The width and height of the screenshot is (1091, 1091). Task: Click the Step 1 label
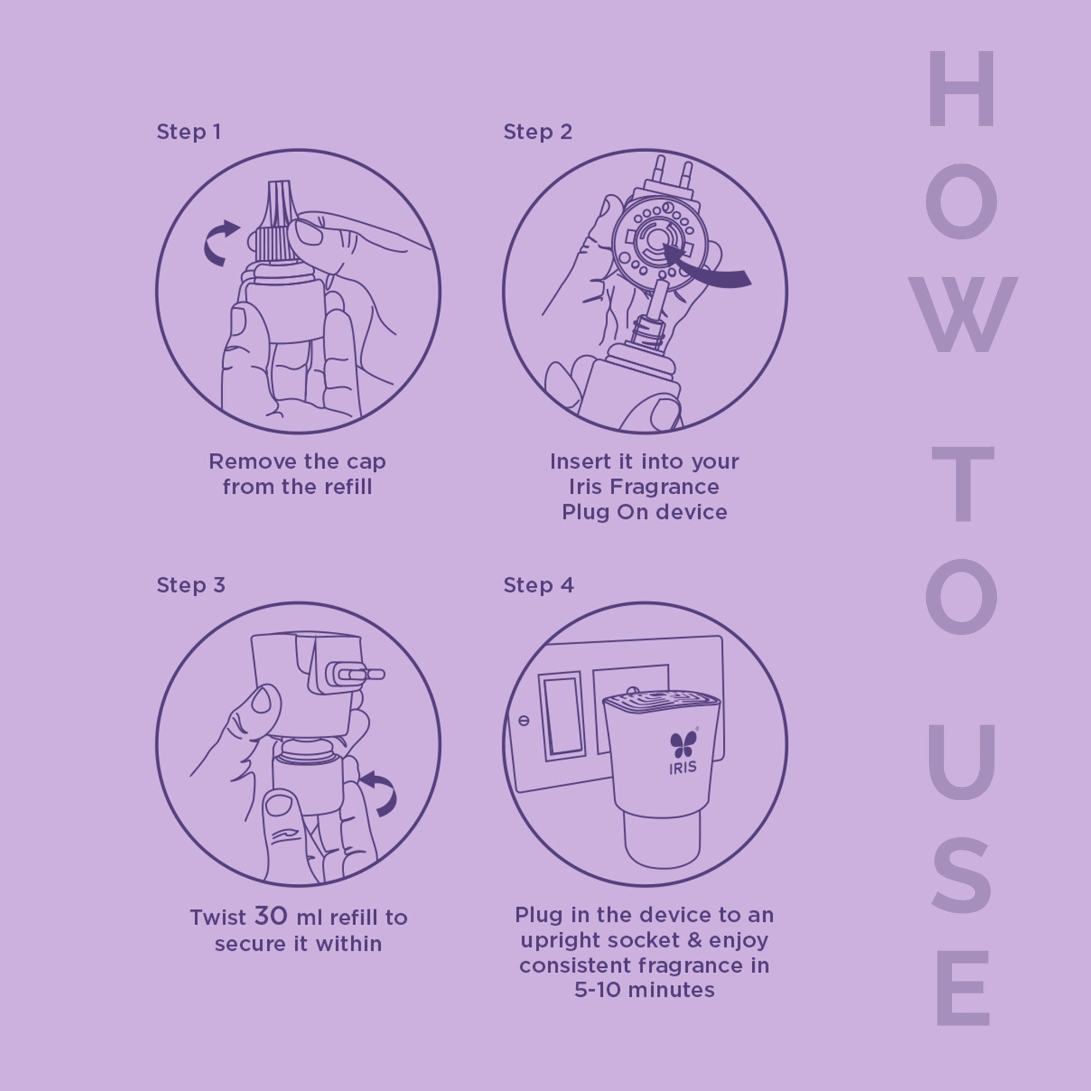pos(189,132)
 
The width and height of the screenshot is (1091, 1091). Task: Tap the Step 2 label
pos(538,132)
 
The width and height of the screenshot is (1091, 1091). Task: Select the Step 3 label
pos(191,585)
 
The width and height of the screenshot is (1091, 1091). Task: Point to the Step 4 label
pos(539,585)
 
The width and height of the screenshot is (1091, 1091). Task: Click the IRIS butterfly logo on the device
pos(684,744)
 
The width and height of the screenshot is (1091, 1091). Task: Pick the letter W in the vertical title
pos(962,315)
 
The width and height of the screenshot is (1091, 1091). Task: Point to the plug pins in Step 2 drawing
pos(672,173)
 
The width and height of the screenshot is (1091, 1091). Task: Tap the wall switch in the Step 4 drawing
pos(562,715)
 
